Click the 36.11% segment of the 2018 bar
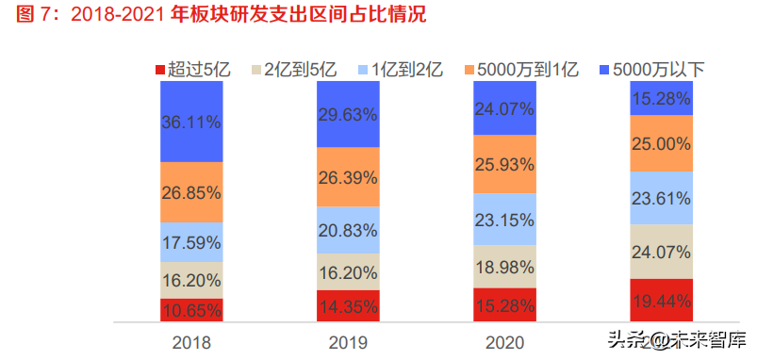pyautogui.click(x=191, y=122)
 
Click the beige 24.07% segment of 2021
pyautogui.click(x=661, y=252)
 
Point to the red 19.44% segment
pyautogui.click(x=661, y=301)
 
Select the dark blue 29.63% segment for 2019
pyautogui.click(x=348, y=114)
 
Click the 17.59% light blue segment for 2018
pyautogui.click(x=191, y=241)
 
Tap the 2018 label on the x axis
pyautogui.click(x=191, y=343)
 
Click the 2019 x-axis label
pyautogui.click(x=348, y=343)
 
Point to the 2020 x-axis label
pyautogui.click(x=504, y=343)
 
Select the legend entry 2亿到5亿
pyautogui.click(x=292, y=69)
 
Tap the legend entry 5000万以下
pyautogui.click(x=650, y=69)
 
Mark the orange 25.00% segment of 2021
pyautogui.click(x=661, y=143)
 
